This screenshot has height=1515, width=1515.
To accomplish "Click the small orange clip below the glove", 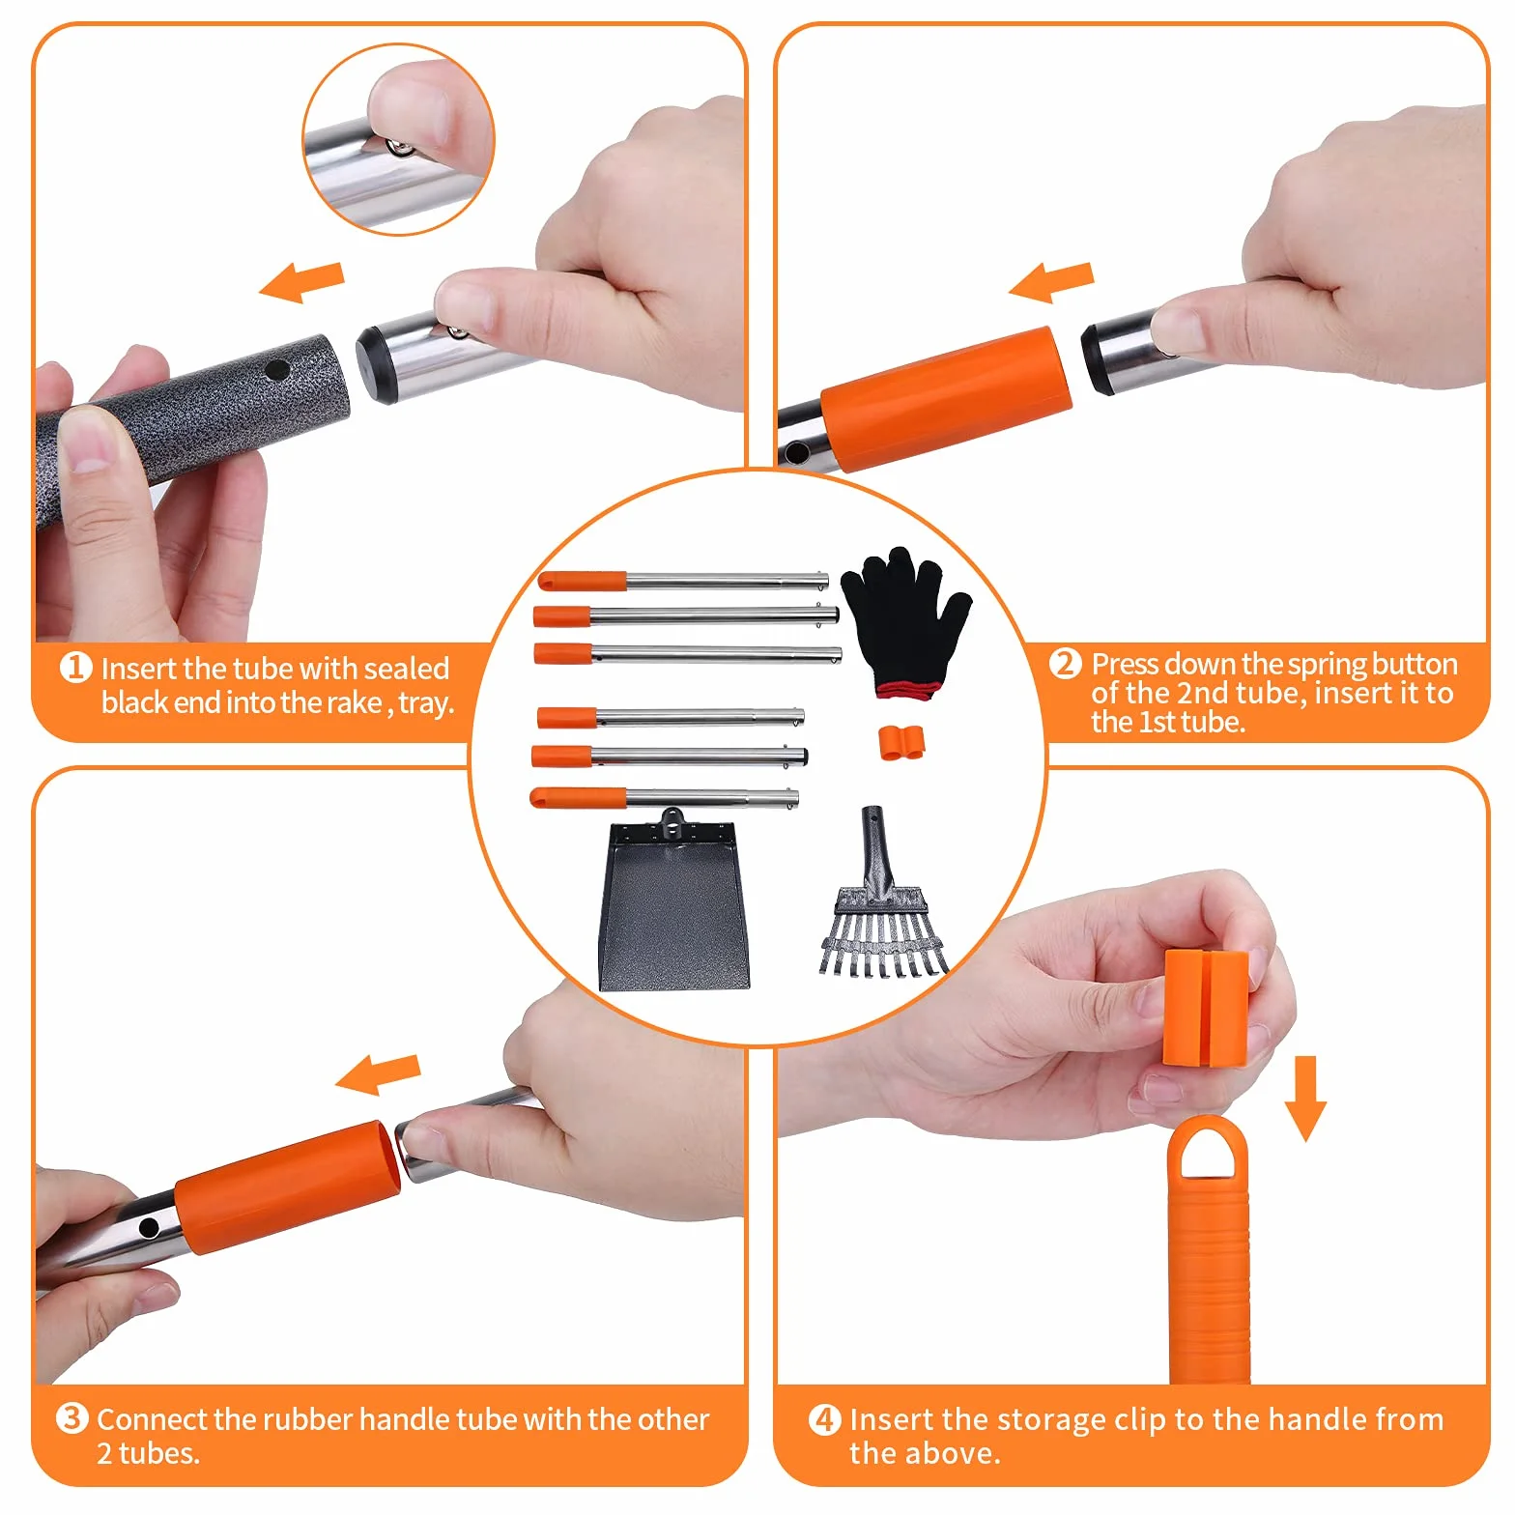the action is [901, 742].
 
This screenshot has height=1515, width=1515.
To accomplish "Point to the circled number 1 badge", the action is [75, 668].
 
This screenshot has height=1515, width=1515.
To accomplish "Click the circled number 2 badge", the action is [1065, 664].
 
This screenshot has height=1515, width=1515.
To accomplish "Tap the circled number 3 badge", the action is [71, 1418].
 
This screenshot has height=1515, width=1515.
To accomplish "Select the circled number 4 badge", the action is [824, 1419].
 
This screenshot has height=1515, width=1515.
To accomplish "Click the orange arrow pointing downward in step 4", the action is [1305, 1098].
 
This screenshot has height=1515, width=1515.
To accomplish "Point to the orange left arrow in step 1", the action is [301, 281].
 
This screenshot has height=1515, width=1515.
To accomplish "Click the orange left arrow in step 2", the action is [1050, 281].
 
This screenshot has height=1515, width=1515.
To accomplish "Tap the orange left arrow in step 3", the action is [378, 1074].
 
